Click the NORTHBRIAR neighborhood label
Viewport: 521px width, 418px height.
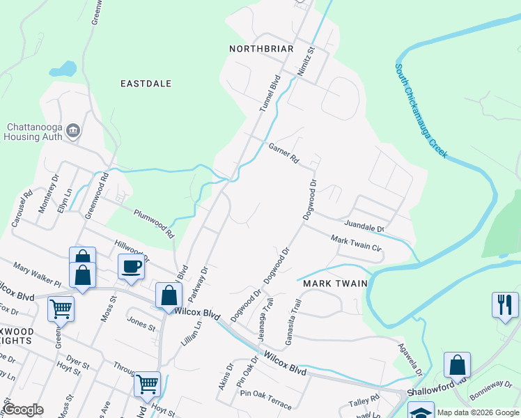coord(261,49)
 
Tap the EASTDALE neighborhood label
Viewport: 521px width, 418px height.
coord(146,84)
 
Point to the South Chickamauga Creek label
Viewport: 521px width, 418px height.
coord(420,111)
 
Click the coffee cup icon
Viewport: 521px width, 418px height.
coord(131,266)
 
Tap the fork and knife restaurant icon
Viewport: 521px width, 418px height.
coord(505,304)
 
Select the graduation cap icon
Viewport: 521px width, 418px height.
coord(421,411)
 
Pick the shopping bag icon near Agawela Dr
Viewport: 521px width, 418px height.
coord(457,364)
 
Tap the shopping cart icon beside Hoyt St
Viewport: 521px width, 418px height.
coord(146,383)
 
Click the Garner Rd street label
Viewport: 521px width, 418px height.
coord(283,153)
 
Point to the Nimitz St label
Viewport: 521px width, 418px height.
coord(305,61)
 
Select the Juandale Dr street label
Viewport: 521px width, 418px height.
coord(364,226)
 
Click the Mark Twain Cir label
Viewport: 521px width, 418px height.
coord(356,244)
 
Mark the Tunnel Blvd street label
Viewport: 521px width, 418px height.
coord(269,94)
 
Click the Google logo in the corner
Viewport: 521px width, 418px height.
coord(23,409)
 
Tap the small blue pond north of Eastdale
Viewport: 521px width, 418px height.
coord(63,70)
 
